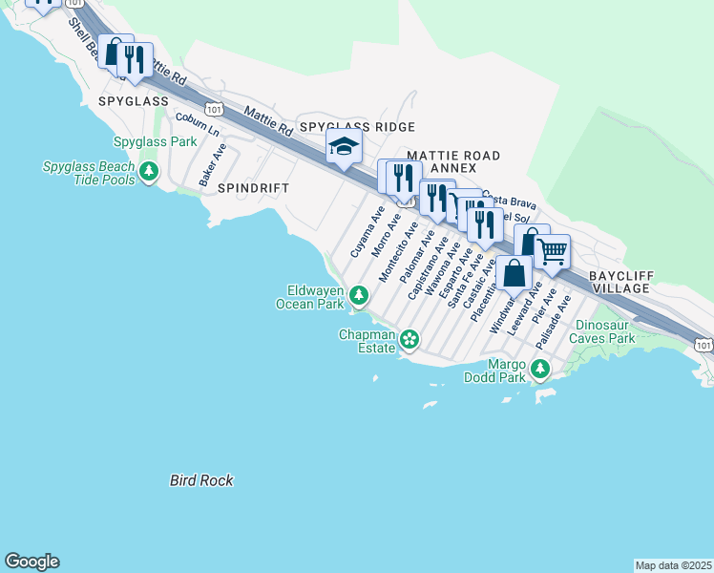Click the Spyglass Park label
[155, 141]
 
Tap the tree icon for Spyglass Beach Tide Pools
[148, 172]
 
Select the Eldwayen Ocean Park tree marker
[359, 295]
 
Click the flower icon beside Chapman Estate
[409, 339]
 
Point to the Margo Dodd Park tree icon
[540, 369]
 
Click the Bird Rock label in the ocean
[201, 480]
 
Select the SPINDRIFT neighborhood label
[253, 188]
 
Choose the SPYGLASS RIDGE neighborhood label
[357, 127]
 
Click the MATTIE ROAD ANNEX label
[453, 161]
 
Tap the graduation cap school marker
[343, 148]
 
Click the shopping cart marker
[552, 253]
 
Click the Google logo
[31, 562]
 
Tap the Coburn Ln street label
[198, 125]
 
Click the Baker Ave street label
[212, 164]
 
